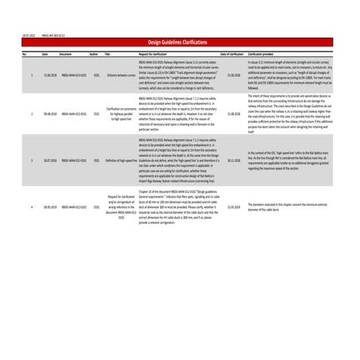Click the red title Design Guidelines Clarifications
click(x=180, y=41)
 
